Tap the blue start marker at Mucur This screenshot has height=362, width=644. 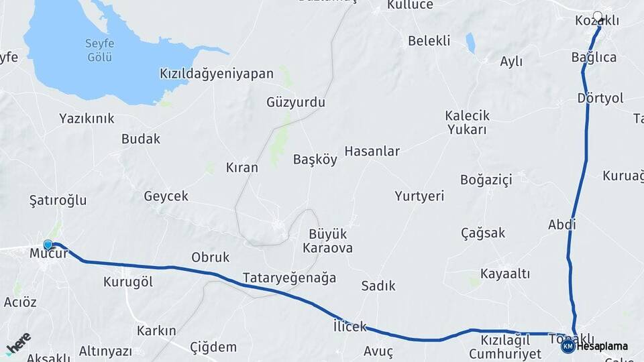coord(48,245)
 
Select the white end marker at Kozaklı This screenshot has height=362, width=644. coord(598,15)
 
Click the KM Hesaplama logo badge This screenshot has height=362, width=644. coord(568,346)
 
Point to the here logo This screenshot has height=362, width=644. coord(17,343)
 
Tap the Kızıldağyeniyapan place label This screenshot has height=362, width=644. coord(217,74)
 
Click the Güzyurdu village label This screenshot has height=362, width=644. coord(295,103)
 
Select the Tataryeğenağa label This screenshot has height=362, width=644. coord(288,278)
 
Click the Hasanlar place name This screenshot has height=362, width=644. coord(372,152)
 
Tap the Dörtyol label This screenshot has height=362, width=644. coord(600,99)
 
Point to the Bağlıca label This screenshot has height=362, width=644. coord(594,57)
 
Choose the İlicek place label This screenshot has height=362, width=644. coord(350,327)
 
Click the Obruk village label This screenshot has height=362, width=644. coord(211,257)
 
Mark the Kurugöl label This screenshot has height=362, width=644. coord(128,282)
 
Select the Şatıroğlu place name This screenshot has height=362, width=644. coord(58,200)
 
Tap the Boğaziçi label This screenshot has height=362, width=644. coord(486,180)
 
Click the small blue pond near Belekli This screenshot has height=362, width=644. coord(470,44)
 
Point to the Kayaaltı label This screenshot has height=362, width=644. coord(505,274)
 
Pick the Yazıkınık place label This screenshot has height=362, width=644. coord(87,119)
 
